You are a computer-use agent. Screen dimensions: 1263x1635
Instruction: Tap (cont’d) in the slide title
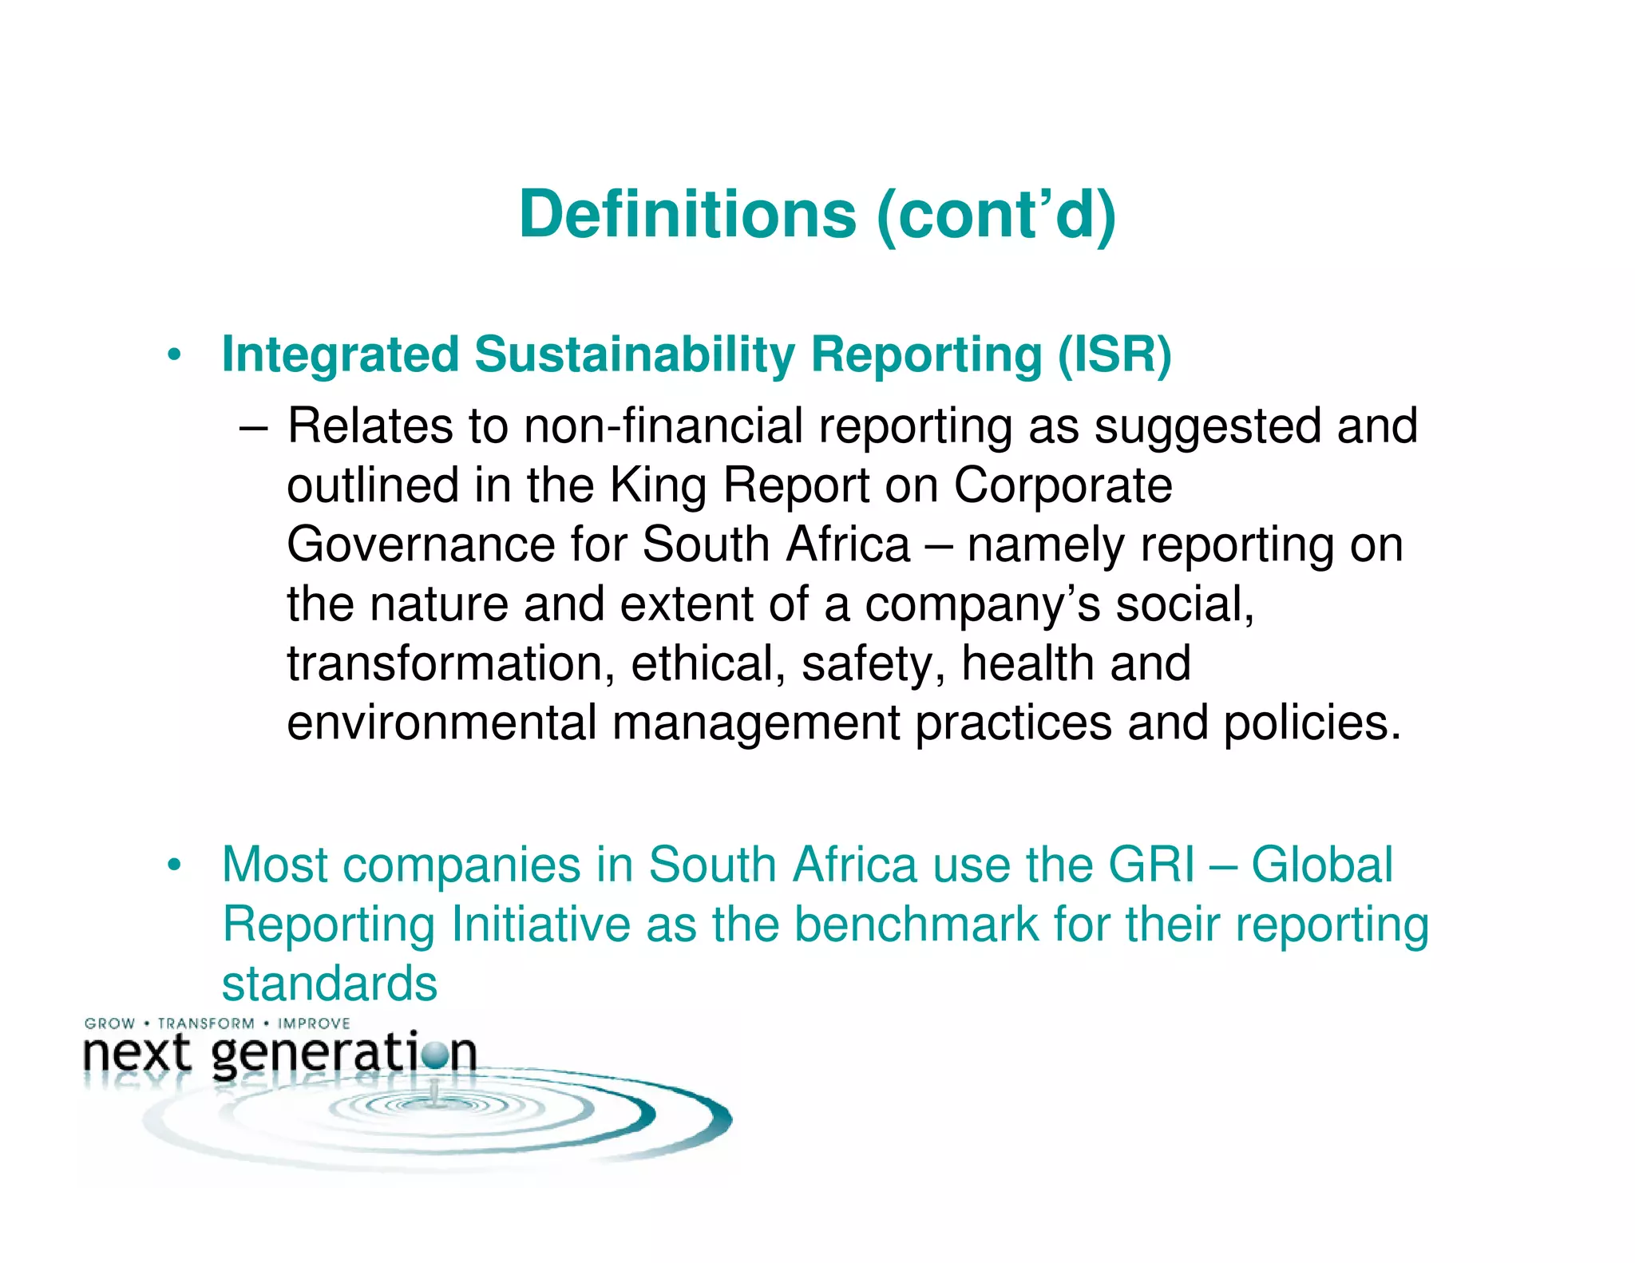(996, 216)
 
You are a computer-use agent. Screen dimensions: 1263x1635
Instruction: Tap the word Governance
(421, 544)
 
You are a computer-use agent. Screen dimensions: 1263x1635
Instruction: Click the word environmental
(442, 723)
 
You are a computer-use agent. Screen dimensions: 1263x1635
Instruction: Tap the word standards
(330, 984)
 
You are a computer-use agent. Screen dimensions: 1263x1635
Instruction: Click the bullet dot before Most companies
(175, 865)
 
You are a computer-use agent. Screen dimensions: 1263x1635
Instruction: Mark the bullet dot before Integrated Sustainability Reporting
(175, 355)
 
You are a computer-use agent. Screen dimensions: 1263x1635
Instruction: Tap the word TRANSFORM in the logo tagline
(206, 1023)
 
